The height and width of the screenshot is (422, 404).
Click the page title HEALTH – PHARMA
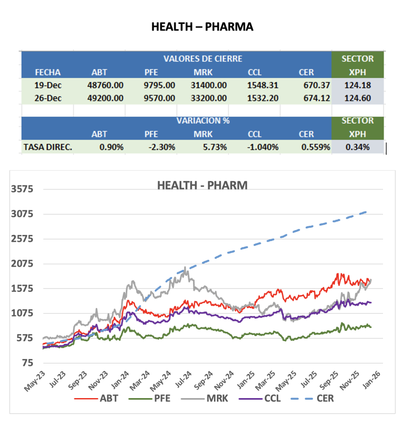pos(202,27)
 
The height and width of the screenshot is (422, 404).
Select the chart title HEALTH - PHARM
pos(202,186)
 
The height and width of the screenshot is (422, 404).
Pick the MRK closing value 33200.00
pos(210,98)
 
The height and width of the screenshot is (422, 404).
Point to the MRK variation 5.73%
pos(215,147)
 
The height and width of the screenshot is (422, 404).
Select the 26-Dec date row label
pos(47,98)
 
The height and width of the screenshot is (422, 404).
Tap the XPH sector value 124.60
pos(358,98)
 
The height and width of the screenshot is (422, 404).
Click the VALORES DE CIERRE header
pos(203,59)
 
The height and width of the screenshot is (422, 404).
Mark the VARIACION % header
pos(203,121)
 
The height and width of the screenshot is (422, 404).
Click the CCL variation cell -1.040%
pos(263,147)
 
